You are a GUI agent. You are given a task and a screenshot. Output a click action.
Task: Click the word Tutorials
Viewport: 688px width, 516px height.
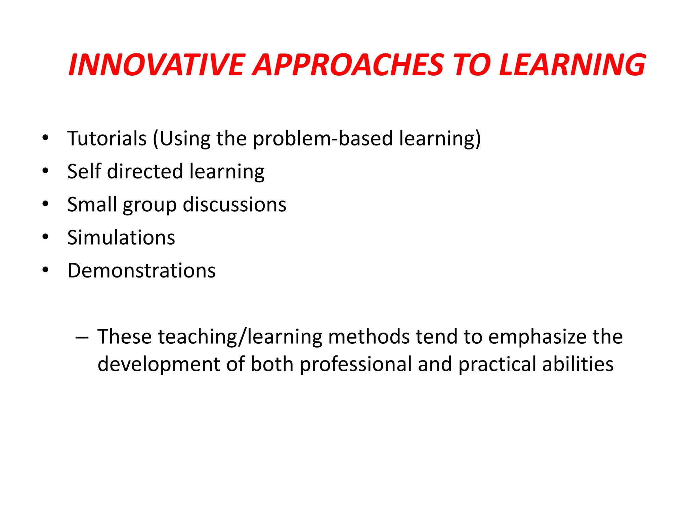click(107, 138)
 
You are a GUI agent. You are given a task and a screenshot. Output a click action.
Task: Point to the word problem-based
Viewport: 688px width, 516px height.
click(323, 139)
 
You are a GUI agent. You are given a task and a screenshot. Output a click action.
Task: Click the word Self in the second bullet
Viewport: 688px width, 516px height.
click(84, 171)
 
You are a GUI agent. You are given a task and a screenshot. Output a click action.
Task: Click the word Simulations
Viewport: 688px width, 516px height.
click(121, 238)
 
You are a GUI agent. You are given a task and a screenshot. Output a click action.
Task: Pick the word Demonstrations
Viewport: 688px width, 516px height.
click(141, 270)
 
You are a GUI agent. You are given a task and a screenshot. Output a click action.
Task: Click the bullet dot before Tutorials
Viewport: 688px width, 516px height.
click(45, 138)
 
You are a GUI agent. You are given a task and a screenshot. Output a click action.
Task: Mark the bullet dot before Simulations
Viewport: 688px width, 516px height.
click(45, 237)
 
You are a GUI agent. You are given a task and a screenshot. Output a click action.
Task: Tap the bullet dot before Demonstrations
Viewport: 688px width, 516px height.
click(45, 270)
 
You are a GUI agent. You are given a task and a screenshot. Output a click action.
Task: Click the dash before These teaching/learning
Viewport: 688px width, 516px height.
click(82, 337)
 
